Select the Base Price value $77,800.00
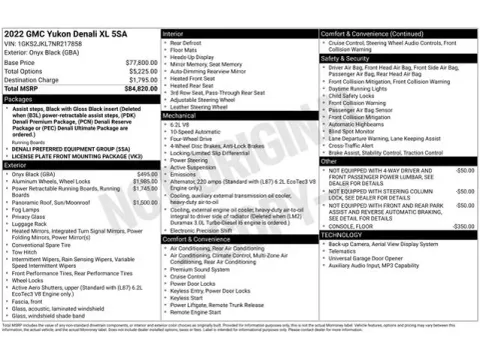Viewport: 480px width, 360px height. [139, 62]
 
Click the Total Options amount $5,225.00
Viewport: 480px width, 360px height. [141, 70]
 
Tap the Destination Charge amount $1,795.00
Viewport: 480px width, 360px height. [141, 79]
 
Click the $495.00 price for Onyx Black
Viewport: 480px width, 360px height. [147, 173]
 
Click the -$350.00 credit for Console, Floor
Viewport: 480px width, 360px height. [462, 226]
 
